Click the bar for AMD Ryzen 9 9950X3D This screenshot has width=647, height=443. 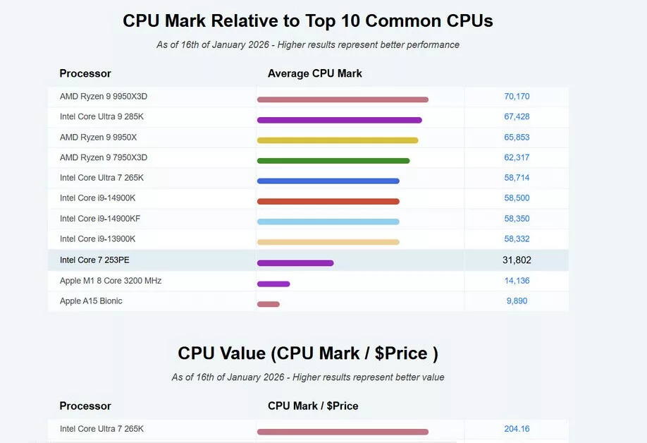click(x=343, y=99)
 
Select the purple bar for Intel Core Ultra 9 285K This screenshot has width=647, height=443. click(x=339, y=120)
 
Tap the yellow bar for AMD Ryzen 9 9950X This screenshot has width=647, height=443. click(x=338, y=140)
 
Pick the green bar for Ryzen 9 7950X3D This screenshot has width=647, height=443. click(x=333, y=160)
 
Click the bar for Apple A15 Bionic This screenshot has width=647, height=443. click(x=269, y=304)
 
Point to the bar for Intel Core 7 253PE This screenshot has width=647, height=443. click(x=295, y=263)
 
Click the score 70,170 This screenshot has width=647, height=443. click(x=517, y=97)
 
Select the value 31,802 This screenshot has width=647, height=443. click(x=517, y=260)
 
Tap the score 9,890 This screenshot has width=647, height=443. click(x=517, y=301)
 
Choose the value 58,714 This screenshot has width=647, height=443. click(x=517, y=178)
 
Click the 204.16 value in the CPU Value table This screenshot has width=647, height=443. click(x=517, y=429)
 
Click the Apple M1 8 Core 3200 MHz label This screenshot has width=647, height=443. click(x=111, y=281)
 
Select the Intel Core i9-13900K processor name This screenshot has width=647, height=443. click(x=97, y=239)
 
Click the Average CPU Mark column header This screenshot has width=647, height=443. click(x=314, y=73)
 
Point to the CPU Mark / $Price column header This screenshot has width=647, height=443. click(x=313, y=406)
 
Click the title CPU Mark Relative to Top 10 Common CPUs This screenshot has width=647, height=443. click(x=308, y=21)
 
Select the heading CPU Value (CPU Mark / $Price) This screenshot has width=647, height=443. click(x=308, y=353)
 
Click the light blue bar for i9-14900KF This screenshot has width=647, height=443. click(x=328, y=221)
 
